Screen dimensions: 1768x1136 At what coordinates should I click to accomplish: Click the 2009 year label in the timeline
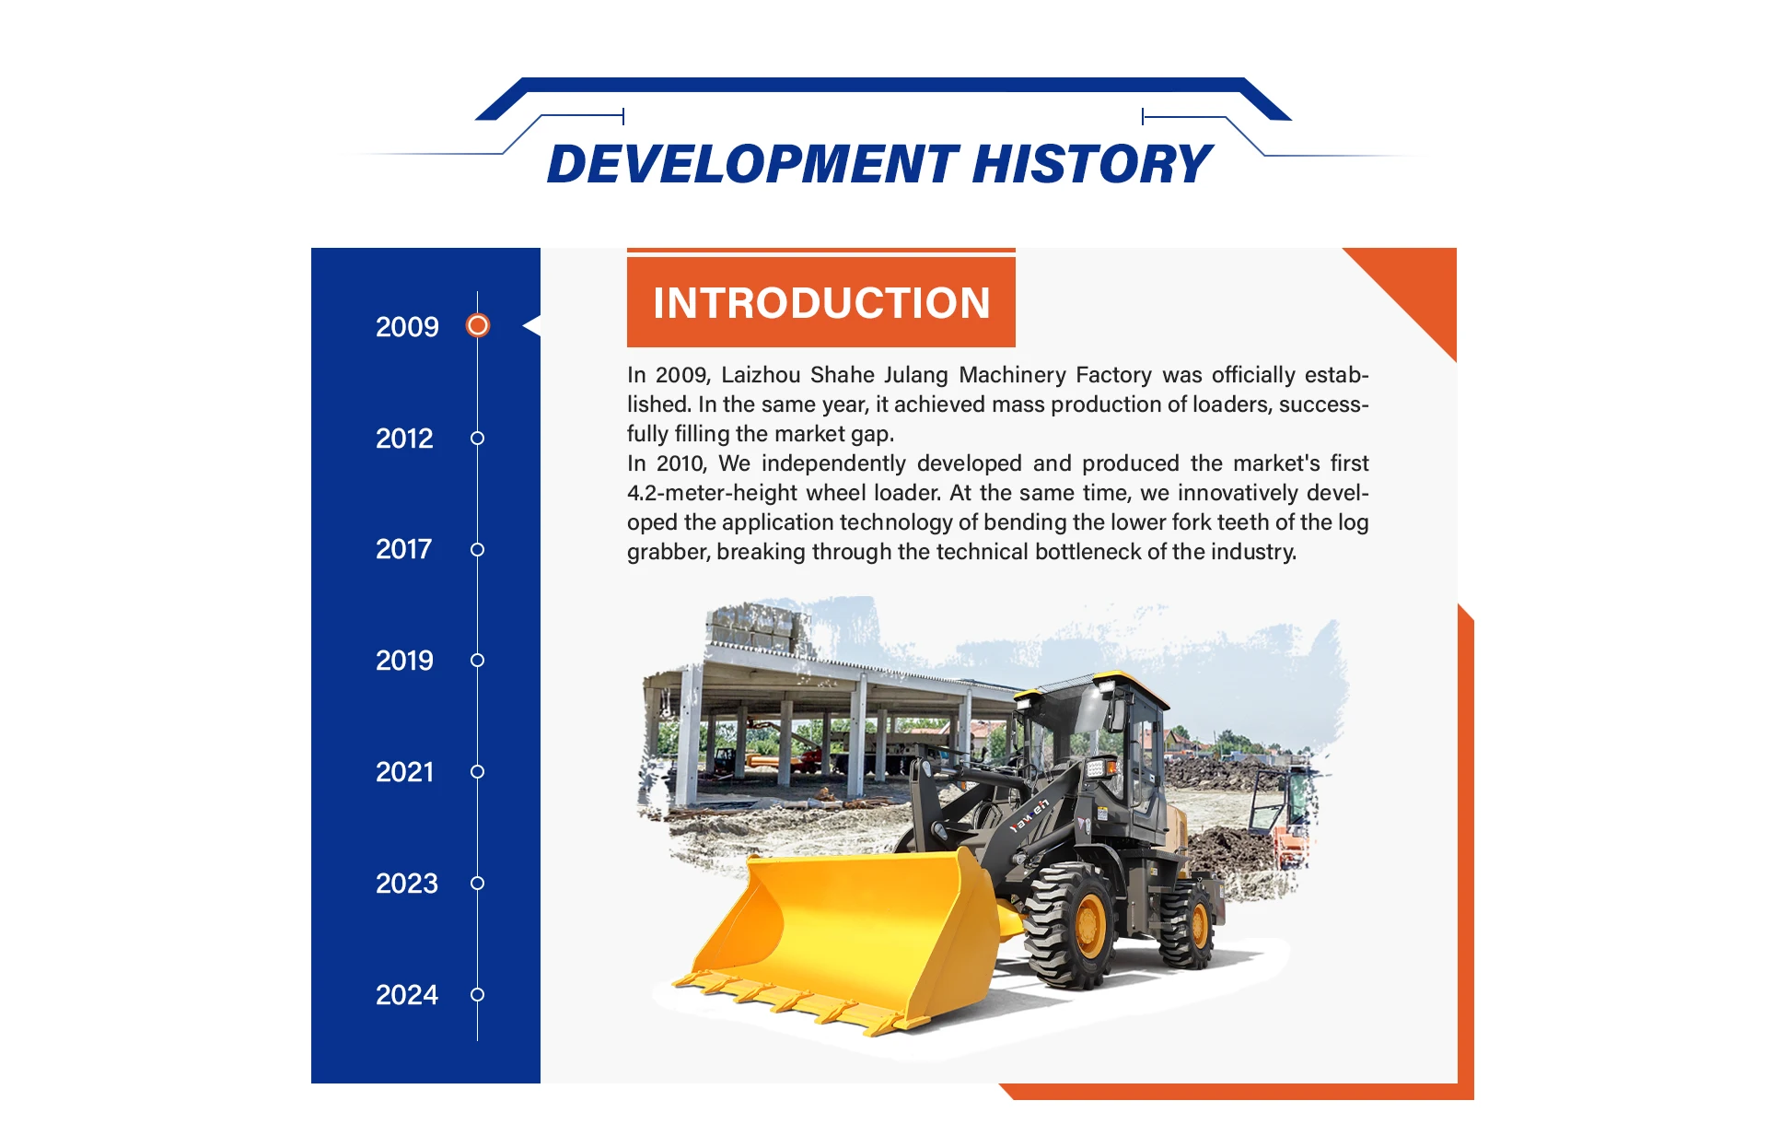click(407, 327)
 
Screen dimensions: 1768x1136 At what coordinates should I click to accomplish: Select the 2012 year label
click(404, 439)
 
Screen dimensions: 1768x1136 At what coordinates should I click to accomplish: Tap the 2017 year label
click(403, 549)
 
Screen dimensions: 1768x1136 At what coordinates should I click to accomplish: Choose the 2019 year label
click(404, 661)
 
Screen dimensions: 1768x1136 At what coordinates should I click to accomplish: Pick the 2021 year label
click(404, 772)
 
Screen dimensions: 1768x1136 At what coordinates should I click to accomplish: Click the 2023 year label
click(407, 884)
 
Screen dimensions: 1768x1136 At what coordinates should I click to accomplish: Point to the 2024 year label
click(407, 995)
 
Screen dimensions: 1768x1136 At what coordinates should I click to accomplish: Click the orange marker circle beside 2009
click(478, 325)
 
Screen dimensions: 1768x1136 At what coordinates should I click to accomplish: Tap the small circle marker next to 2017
click(477, 549)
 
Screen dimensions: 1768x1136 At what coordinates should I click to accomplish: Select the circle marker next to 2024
click(477, 994)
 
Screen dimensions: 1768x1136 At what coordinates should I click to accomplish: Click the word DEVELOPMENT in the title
click(754, 164)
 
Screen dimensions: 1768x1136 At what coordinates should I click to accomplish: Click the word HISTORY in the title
click(1092, 164)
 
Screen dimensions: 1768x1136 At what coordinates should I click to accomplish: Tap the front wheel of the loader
click(1071, 924)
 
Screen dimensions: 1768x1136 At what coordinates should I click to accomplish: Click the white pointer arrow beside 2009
click(532, 325)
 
